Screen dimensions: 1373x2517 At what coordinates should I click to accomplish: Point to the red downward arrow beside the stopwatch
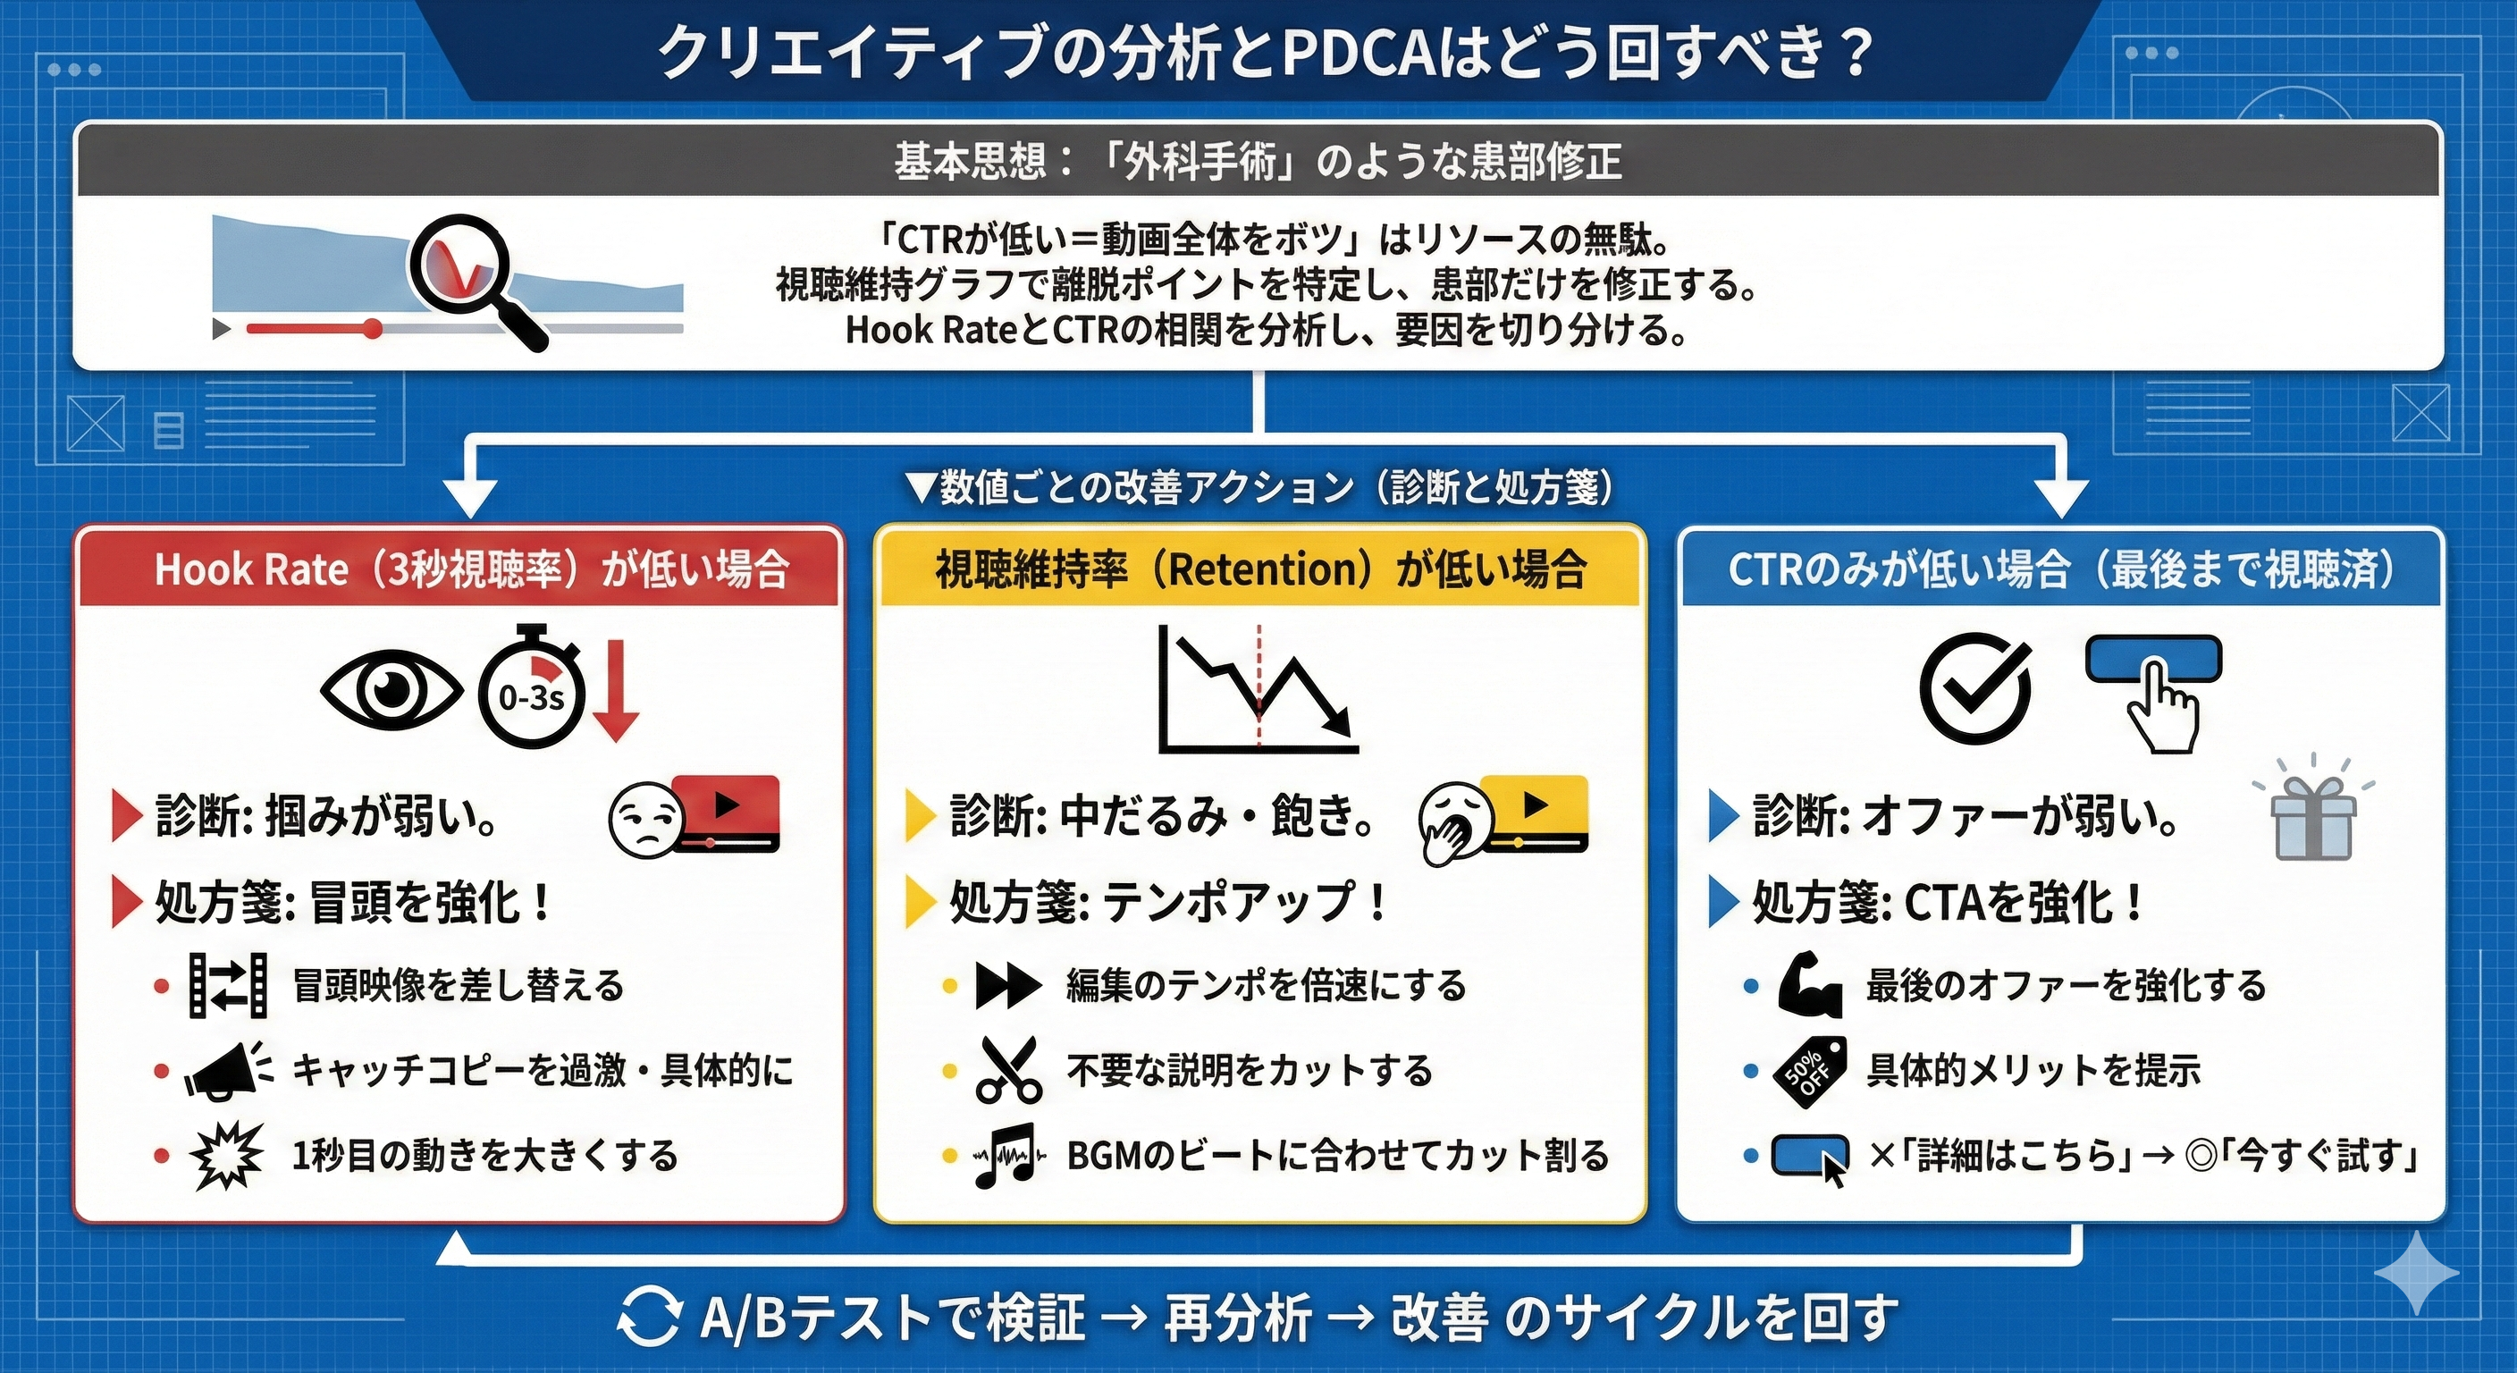click(x=616, y=689)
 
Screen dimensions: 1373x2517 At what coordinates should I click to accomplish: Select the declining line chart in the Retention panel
click(x=1257, y=689)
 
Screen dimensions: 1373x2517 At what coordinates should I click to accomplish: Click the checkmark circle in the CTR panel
click(x=1974, y=688)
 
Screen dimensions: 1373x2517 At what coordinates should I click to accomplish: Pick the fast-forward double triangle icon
click(x=1008, y=985)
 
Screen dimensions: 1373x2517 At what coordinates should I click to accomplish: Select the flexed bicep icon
click(x=1808, y=985)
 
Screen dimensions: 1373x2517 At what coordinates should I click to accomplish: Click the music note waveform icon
click(x=1008, y=1155)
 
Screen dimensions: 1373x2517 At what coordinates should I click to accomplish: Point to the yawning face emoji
click(x=1453, y=827)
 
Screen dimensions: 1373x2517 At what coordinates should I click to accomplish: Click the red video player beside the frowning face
click(x=727, y=812)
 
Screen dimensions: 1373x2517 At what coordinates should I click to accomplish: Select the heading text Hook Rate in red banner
click(x=251, y=569)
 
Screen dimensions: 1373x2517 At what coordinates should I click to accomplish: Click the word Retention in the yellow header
click(x=1267, y=569)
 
